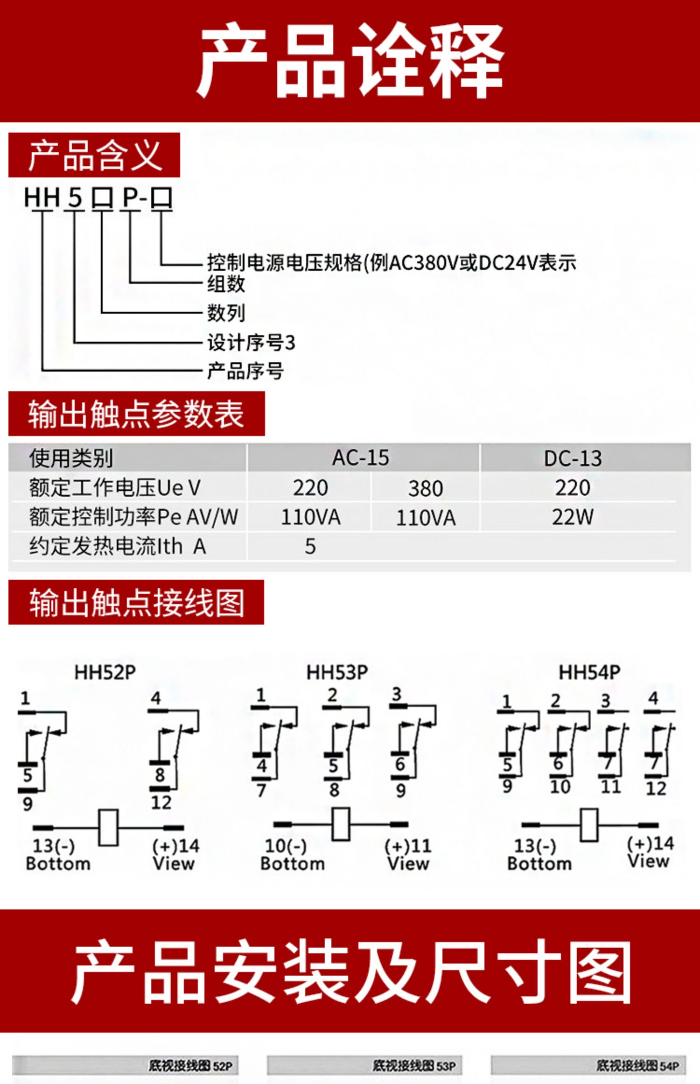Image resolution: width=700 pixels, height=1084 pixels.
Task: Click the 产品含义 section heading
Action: coord(95,155)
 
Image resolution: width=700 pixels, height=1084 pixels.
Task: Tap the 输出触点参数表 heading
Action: coord(136,414)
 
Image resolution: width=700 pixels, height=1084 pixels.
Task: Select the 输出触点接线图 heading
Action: coord(137,602)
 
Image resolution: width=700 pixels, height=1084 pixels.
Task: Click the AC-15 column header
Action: coord(360,458)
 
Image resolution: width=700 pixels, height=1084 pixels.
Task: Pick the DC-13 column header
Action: coord(573,458)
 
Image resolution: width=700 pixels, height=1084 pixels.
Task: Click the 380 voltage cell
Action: coord(426,488)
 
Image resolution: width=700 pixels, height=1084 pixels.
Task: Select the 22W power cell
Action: coord(573,517)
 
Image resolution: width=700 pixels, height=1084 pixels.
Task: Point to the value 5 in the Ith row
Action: coord(310,546)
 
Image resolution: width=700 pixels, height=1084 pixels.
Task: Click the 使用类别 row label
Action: coord(71,458)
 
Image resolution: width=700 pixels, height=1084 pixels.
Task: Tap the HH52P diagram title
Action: coord(105,672)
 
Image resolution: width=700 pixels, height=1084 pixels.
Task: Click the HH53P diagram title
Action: coord(337,672)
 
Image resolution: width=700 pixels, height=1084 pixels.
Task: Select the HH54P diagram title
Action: coord(589,672)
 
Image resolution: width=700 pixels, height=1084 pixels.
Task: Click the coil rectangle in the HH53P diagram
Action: coord(341,824)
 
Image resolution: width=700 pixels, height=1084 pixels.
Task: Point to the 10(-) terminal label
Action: coord(286,845)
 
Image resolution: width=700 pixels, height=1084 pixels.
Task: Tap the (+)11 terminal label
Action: coord(408,845)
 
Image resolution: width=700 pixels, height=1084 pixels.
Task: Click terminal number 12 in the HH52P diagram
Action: coord(161,802)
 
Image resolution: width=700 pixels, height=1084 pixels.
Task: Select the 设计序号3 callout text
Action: coord(251,343)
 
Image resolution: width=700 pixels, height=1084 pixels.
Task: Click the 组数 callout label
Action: coord(226,284)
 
